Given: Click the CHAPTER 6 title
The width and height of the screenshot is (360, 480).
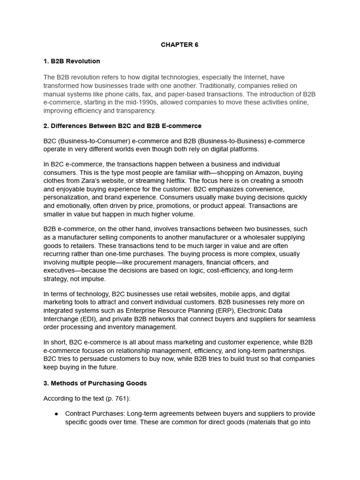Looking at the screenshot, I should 180,45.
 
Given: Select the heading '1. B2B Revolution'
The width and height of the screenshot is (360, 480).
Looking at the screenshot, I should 72,61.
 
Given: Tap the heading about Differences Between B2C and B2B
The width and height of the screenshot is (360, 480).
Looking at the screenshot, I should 122,126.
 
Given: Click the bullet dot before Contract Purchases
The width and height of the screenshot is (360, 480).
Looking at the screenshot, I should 56,414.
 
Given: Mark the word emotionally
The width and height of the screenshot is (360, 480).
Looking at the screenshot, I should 75,205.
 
